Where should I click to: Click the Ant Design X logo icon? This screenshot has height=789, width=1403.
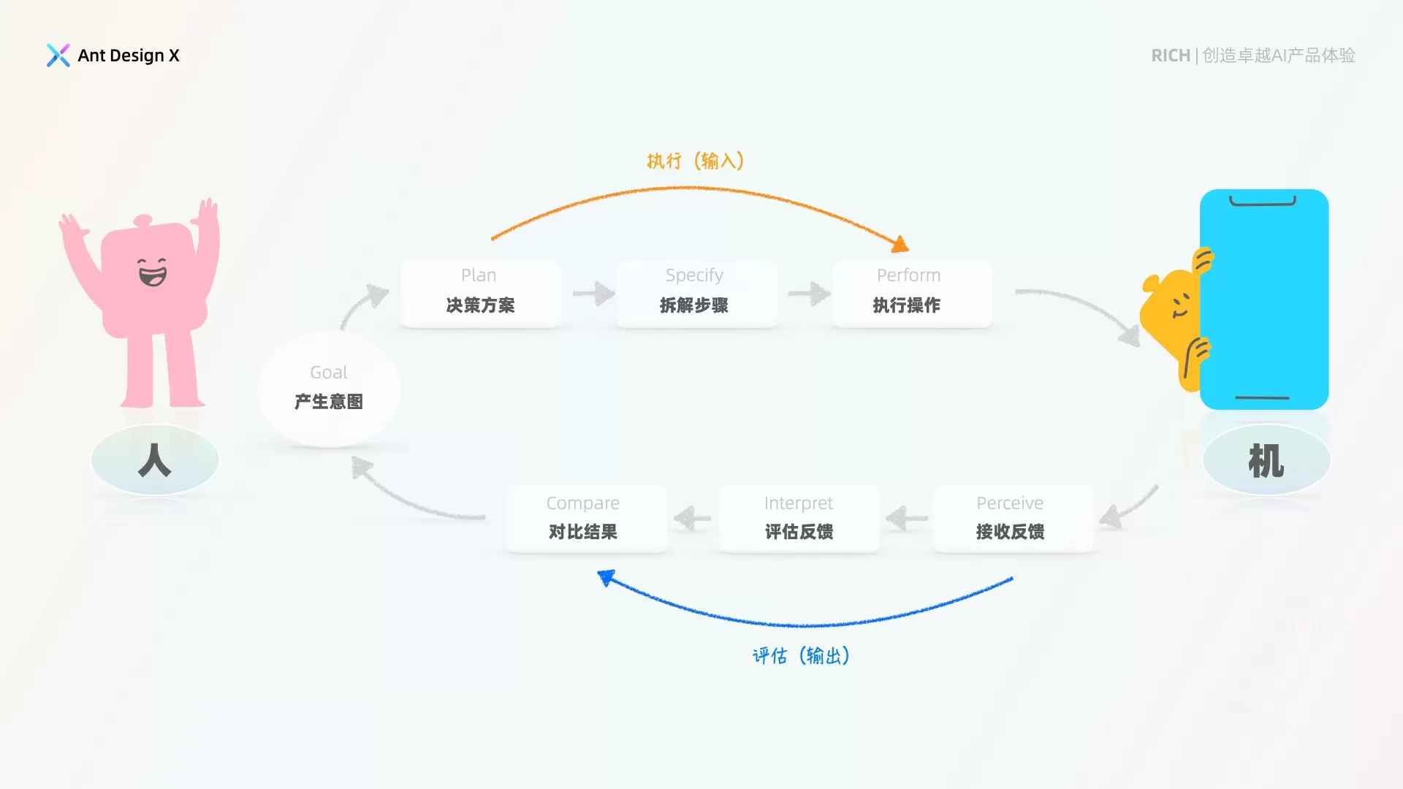[x=58, y=56]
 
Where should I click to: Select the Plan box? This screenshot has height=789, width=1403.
[x=480, y=293]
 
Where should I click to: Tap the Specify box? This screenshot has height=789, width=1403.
[x=695, y=293]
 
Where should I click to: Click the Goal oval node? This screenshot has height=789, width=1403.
[x=329, y=389]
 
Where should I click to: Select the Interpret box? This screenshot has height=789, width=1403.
[x=799, y=518]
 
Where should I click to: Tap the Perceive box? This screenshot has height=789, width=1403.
[x=1013, y=518]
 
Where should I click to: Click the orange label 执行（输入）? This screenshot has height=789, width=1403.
[x=695, y=161]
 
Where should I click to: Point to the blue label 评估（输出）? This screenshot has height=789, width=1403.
[x=801, y=655]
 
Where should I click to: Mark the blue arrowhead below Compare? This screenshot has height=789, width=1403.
[x=606, y=578]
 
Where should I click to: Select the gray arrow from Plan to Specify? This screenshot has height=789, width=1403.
[x=594, y=294]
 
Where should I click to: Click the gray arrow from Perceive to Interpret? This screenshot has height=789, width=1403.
[x=907, y=519]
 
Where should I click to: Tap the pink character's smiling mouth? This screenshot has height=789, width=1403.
[x=152, y=276]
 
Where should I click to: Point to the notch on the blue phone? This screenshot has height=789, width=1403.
[x=1263, y=201]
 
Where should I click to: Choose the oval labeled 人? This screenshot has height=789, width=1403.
[x=155, y=460]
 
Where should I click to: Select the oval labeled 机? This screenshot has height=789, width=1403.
[x=1266, y=460]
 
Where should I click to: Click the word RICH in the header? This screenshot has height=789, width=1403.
[x=1171, y=56]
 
